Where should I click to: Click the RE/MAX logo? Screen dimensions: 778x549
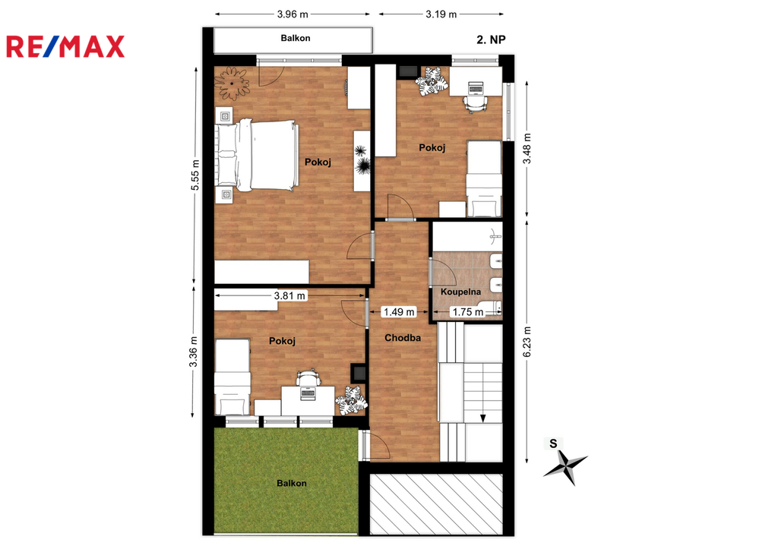tap(65, 46)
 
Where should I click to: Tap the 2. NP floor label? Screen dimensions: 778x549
tap(491, 39)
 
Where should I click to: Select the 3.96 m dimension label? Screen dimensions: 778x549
tap(293, 14)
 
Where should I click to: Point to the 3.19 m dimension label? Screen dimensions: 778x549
tap(441, 14)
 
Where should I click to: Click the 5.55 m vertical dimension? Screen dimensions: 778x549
tap(195, 175)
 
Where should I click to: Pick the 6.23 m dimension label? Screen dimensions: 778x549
tap(527, 341)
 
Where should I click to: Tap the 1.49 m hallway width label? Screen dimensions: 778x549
tap(399, 312)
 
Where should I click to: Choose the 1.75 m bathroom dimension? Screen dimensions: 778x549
tap(468, 312)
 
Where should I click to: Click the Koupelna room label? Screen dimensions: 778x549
tap(460, 292)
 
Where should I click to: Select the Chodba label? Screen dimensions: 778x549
tap(403, 338)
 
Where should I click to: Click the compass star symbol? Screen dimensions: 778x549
tap(565, 467)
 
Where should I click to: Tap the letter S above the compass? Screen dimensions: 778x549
tap(553, 443)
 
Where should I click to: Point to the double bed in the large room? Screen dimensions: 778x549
tap(257, 155)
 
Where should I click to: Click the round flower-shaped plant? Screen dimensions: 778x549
tap(232, 84)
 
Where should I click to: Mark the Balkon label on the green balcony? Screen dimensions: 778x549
tap(291, 483)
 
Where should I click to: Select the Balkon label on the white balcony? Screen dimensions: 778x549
tap(296, 38)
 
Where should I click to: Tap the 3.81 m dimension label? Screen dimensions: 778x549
tap(289, 296)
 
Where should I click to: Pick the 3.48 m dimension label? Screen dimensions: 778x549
tap(527, 148)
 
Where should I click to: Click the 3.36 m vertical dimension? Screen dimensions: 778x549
tap(193, 352)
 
